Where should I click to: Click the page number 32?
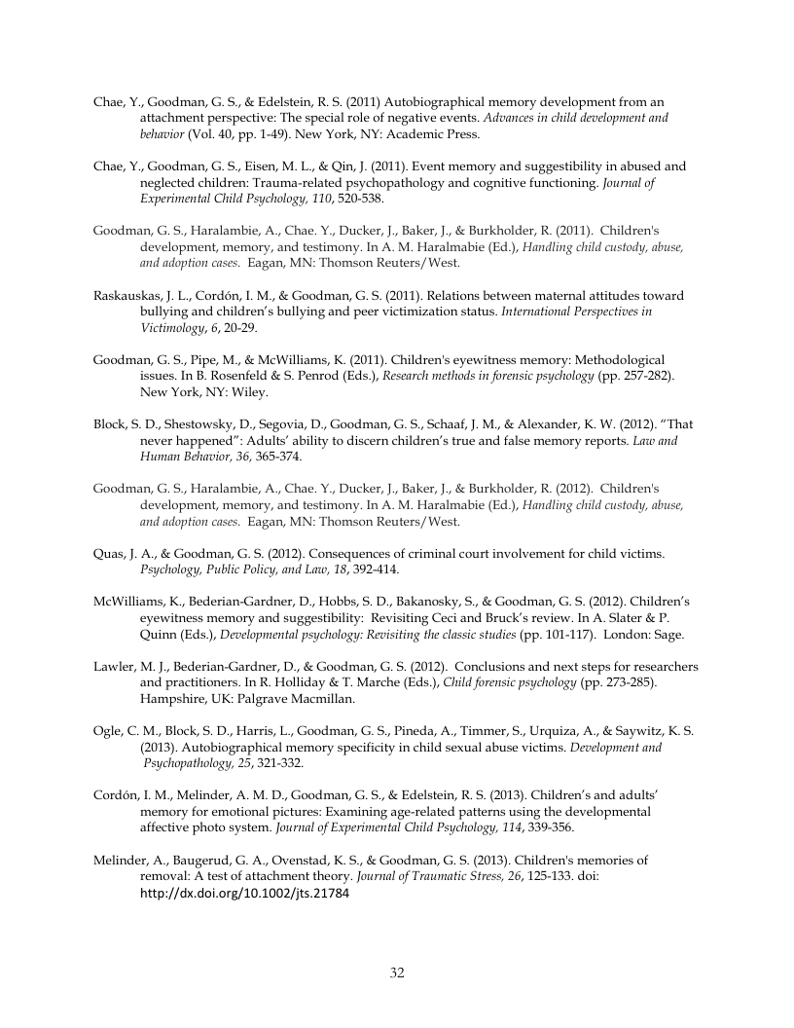click(x=397, y=973)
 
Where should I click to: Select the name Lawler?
click(x=116, y=667)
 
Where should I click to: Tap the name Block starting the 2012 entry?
click(x=110, y=424)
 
